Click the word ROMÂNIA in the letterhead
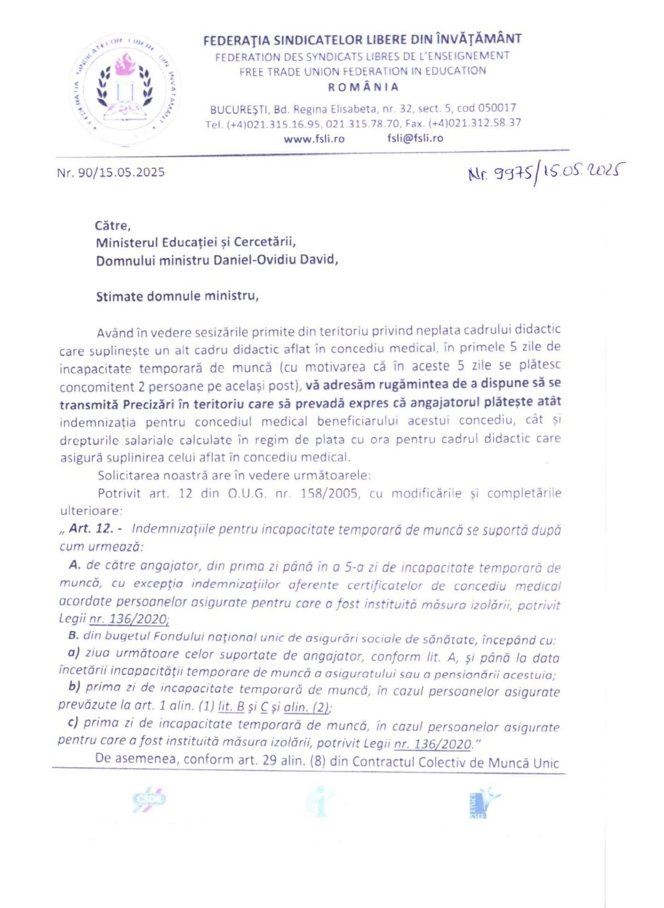click(x=363, y=87)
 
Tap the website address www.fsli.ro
click(x=314, y=138)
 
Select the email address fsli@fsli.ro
click(x=415, y=138)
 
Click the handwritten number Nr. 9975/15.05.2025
click(x=543, y=174)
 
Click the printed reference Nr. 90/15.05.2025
click(x=111, y=172)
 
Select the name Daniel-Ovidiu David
click(x=275, y=260)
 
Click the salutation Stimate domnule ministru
click(x=177, y=296)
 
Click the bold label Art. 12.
click(x=91, y=529)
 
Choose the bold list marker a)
click(x=73, y=653)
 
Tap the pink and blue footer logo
click(x=148, y=800)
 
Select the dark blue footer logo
click(x=483, y=802)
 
